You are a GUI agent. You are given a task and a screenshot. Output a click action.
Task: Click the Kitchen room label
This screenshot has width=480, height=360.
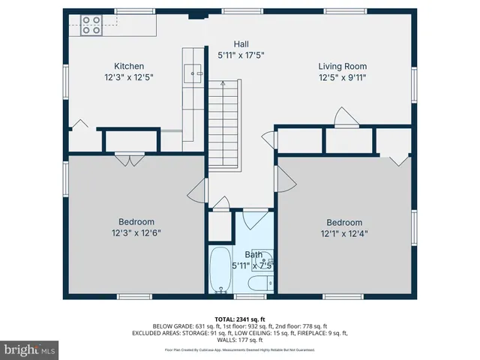tap(129, 66)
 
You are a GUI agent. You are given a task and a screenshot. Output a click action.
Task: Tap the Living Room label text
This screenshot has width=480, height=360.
tap(342, 66)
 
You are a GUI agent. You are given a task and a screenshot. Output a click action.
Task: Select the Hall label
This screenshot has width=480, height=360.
tap(241, 44)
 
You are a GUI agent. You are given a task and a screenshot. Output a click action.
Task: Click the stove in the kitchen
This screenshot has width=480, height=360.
tap(91, 25)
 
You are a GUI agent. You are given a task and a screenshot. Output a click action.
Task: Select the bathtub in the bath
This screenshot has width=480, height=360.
tap(220, 270)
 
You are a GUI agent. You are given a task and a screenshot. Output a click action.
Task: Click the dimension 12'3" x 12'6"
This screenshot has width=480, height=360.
tap(136, 232)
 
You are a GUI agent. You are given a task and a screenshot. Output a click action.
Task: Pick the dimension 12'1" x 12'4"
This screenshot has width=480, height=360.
tap(343, 233)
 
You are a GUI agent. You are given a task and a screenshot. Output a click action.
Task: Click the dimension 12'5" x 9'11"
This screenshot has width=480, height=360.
tap(342, 77)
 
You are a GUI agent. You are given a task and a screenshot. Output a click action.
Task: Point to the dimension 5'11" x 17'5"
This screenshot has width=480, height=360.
tap(241, 55)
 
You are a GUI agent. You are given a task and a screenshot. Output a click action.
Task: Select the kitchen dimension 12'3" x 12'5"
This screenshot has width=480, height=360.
tap(129, 77)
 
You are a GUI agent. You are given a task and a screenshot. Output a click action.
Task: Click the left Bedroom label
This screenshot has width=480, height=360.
tap(136, 221)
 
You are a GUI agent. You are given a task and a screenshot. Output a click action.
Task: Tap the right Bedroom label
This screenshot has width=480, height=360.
tap(343, 222)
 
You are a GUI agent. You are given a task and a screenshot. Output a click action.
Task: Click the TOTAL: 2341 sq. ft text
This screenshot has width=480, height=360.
tap(240, 319)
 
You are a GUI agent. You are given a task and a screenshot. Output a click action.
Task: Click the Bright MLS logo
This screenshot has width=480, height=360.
tap(30, 350)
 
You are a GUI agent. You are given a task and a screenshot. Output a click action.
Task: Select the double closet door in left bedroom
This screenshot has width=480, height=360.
tap(129, 158)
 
